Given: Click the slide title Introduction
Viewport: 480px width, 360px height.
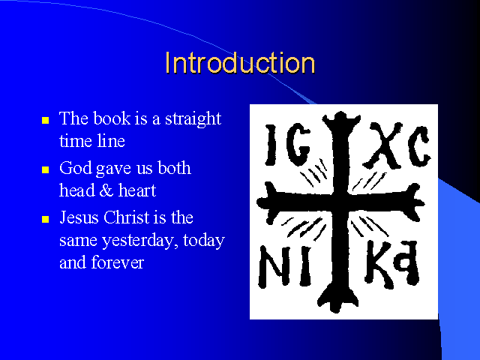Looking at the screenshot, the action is (240, 63).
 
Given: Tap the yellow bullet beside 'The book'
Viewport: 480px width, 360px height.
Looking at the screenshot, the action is (45, 120).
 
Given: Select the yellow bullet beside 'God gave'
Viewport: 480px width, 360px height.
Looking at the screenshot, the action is (45, 169).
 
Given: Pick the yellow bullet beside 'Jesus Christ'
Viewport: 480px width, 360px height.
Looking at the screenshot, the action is (45, 219).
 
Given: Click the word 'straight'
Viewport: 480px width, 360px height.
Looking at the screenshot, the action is (193, 119).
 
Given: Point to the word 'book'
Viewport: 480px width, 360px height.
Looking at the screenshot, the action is (112, 118).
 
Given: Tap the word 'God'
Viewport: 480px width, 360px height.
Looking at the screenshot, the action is (75, 168).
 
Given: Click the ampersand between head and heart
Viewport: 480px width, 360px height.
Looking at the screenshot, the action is (106, 190).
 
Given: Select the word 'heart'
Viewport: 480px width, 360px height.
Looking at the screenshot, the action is (137, 190).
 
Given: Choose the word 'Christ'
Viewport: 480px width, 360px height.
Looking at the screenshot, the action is (126, 217).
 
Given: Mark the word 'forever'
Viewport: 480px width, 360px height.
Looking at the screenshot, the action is (117, 262).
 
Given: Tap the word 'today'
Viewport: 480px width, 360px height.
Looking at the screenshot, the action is (204, 241).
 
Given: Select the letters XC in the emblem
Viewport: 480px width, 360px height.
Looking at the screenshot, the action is (397, 145).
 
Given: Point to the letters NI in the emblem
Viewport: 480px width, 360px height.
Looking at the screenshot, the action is (285, 266).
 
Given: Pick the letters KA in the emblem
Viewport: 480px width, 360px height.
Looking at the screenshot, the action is (391, 264).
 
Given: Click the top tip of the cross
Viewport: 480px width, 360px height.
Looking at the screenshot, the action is (340, 113).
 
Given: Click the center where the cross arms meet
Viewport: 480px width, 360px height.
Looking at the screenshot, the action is (340, 203).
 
